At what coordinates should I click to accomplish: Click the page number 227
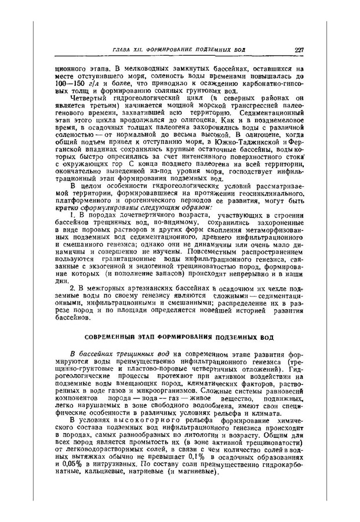pos(299,50)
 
